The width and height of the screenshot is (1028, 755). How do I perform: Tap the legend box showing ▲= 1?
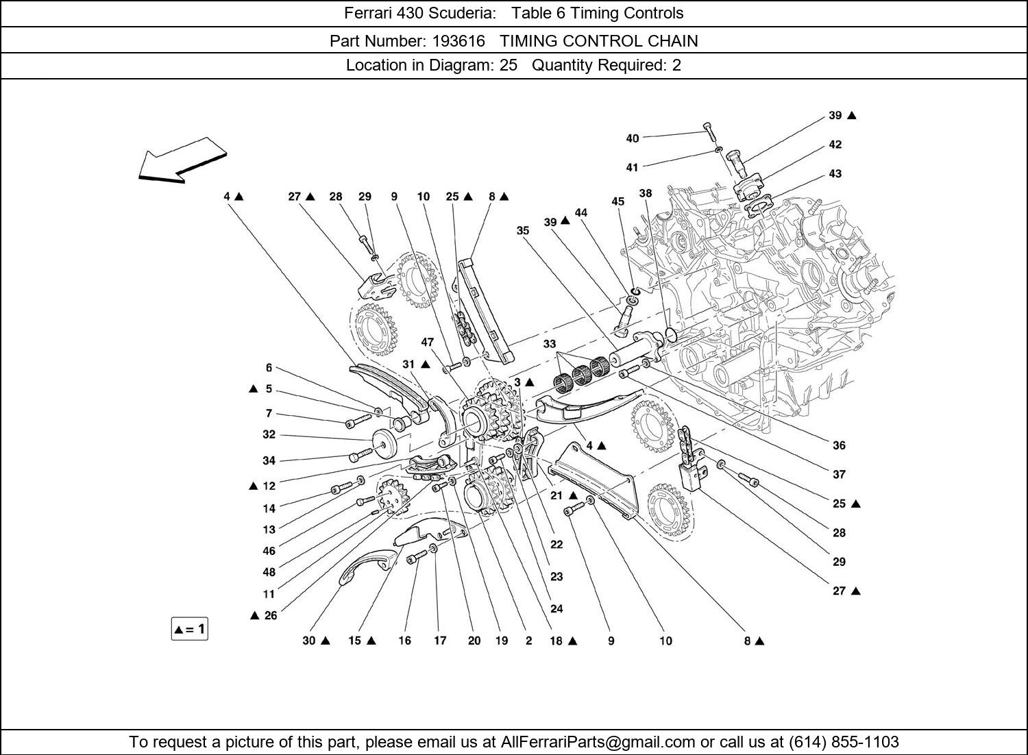pos(189,629)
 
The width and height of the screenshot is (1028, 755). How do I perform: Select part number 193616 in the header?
pos(458,41)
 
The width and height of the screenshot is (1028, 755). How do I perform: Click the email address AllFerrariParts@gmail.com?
pos(598,742)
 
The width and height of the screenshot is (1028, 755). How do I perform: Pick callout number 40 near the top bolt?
pos(632,138)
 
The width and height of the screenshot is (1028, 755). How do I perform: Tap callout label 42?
pos(835,145)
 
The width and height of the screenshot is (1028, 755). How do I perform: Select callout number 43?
pos(835,174)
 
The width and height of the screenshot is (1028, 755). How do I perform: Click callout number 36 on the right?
pos(839,445)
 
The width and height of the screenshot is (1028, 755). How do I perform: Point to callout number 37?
pos(839,474)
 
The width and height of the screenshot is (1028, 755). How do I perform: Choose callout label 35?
pos(523,231)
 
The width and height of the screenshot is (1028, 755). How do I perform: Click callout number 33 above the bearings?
pos(550,344)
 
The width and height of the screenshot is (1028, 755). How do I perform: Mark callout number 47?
pos(428,342)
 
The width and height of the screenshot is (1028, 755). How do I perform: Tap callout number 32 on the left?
pos(269,434)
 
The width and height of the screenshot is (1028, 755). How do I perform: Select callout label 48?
pos(269,572)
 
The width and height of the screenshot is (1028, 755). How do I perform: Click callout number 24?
pos(556,608)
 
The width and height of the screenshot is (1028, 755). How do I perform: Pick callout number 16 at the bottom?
pos(404,641)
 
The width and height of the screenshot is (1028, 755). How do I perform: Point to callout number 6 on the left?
pos(269,368)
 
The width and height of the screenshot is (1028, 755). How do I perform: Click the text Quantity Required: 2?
pos(607,66)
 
